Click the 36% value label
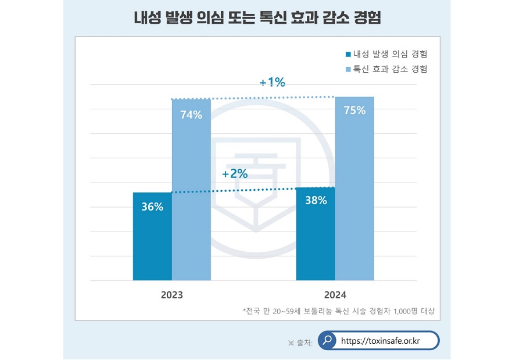(x=152, y=206)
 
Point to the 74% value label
(x=191, y=115)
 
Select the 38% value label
(x=316, y=201)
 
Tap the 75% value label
(x=354, y=111)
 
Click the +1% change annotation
(x=272, y=83)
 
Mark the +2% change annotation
(x=235, y=173)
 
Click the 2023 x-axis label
(x=172, y=295)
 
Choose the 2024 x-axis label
(x=335, y=295)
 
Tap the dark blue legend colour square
(x=348, y=55)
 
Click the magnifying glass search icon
(x=328, y=340)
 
